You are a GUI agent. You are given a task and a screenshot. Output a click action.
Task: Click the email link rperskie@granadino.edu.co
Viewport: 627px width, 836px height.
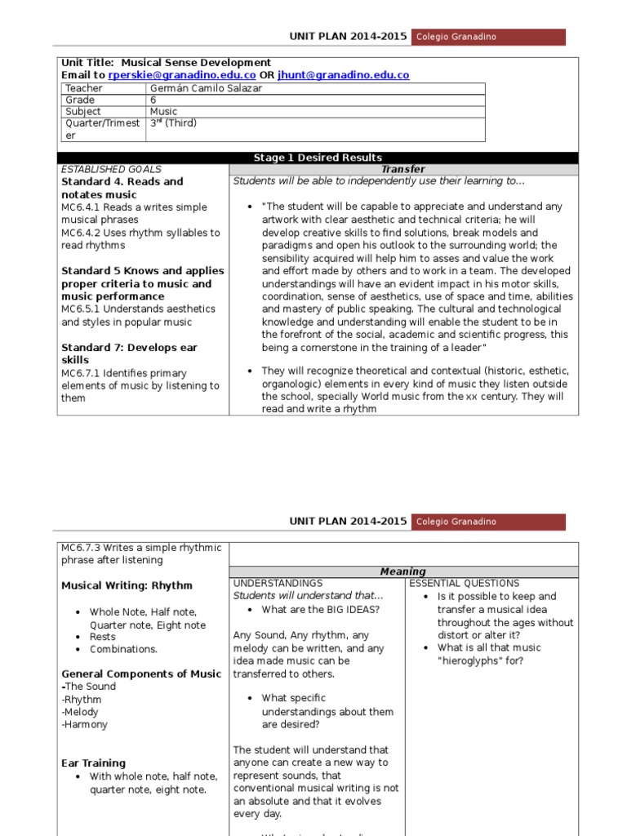[x=182, y=75]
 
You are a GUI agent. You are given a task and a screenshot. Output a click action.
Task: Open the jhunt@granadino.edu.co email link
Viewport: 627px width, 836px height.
[x=343, y=75]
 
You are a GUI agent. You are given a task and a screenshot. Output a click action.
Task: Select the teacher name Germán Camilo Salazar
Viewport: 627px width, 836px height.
[x=206, y=88]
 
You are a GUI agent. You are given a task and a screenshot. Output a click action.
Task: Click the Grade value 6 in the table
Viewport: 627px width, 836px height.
[x=153, y=100]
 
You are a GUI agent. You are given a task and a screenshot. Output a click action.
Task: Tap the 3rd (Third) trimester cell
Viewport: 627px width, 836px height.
[x=173, y=124]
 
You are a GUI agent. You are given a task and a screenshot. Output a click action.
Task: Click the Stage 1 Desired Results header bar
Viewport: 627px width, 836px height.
[x=318, y=158]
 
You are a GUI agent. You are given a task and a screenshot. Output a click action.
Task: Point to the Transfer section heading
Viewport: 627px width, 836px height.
[x=403, y=169]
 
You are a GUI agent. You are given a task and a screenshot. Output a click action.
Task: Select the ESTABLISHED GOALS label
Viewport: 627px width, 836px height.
[x=112, y=169]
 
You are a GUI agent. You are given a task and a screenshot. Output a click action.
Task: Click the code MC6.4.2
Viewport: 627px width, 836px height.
[x=82, y=233]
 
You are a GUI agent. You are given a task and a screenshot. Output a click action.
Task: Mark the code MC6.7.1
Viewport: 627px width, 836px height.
[x=82, y=372]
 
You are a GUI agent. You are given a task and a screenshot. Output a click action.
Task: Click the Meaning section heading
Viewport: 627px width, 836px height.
[x=403, y=571]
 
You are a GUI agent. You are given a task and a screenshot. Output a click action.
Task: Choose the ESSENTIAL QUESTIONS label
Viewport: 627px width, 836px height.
[x=464, y=584]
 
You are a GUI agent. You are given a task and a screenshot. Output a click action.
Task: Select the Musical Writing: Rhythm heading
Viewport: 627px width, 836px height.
[x=127, y=585]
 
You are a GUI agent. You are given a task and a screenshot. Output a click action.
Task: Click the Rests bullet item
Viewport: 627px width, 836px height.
[x=103, y=637]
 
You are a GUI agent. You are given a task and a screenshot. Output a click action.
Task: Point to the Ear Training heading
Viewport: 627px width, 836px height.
[x=94, y=763]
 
